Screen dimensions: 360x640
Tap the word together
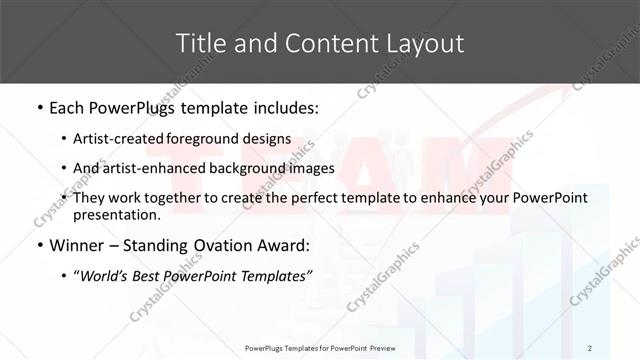click(162, 198)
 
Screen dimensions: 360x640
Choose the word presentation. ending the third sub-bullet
click(116, 214)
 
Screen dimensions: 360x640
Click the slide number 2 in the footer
click(590, 347)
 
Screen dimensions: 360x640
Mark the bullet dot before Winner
click(39, 245)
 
